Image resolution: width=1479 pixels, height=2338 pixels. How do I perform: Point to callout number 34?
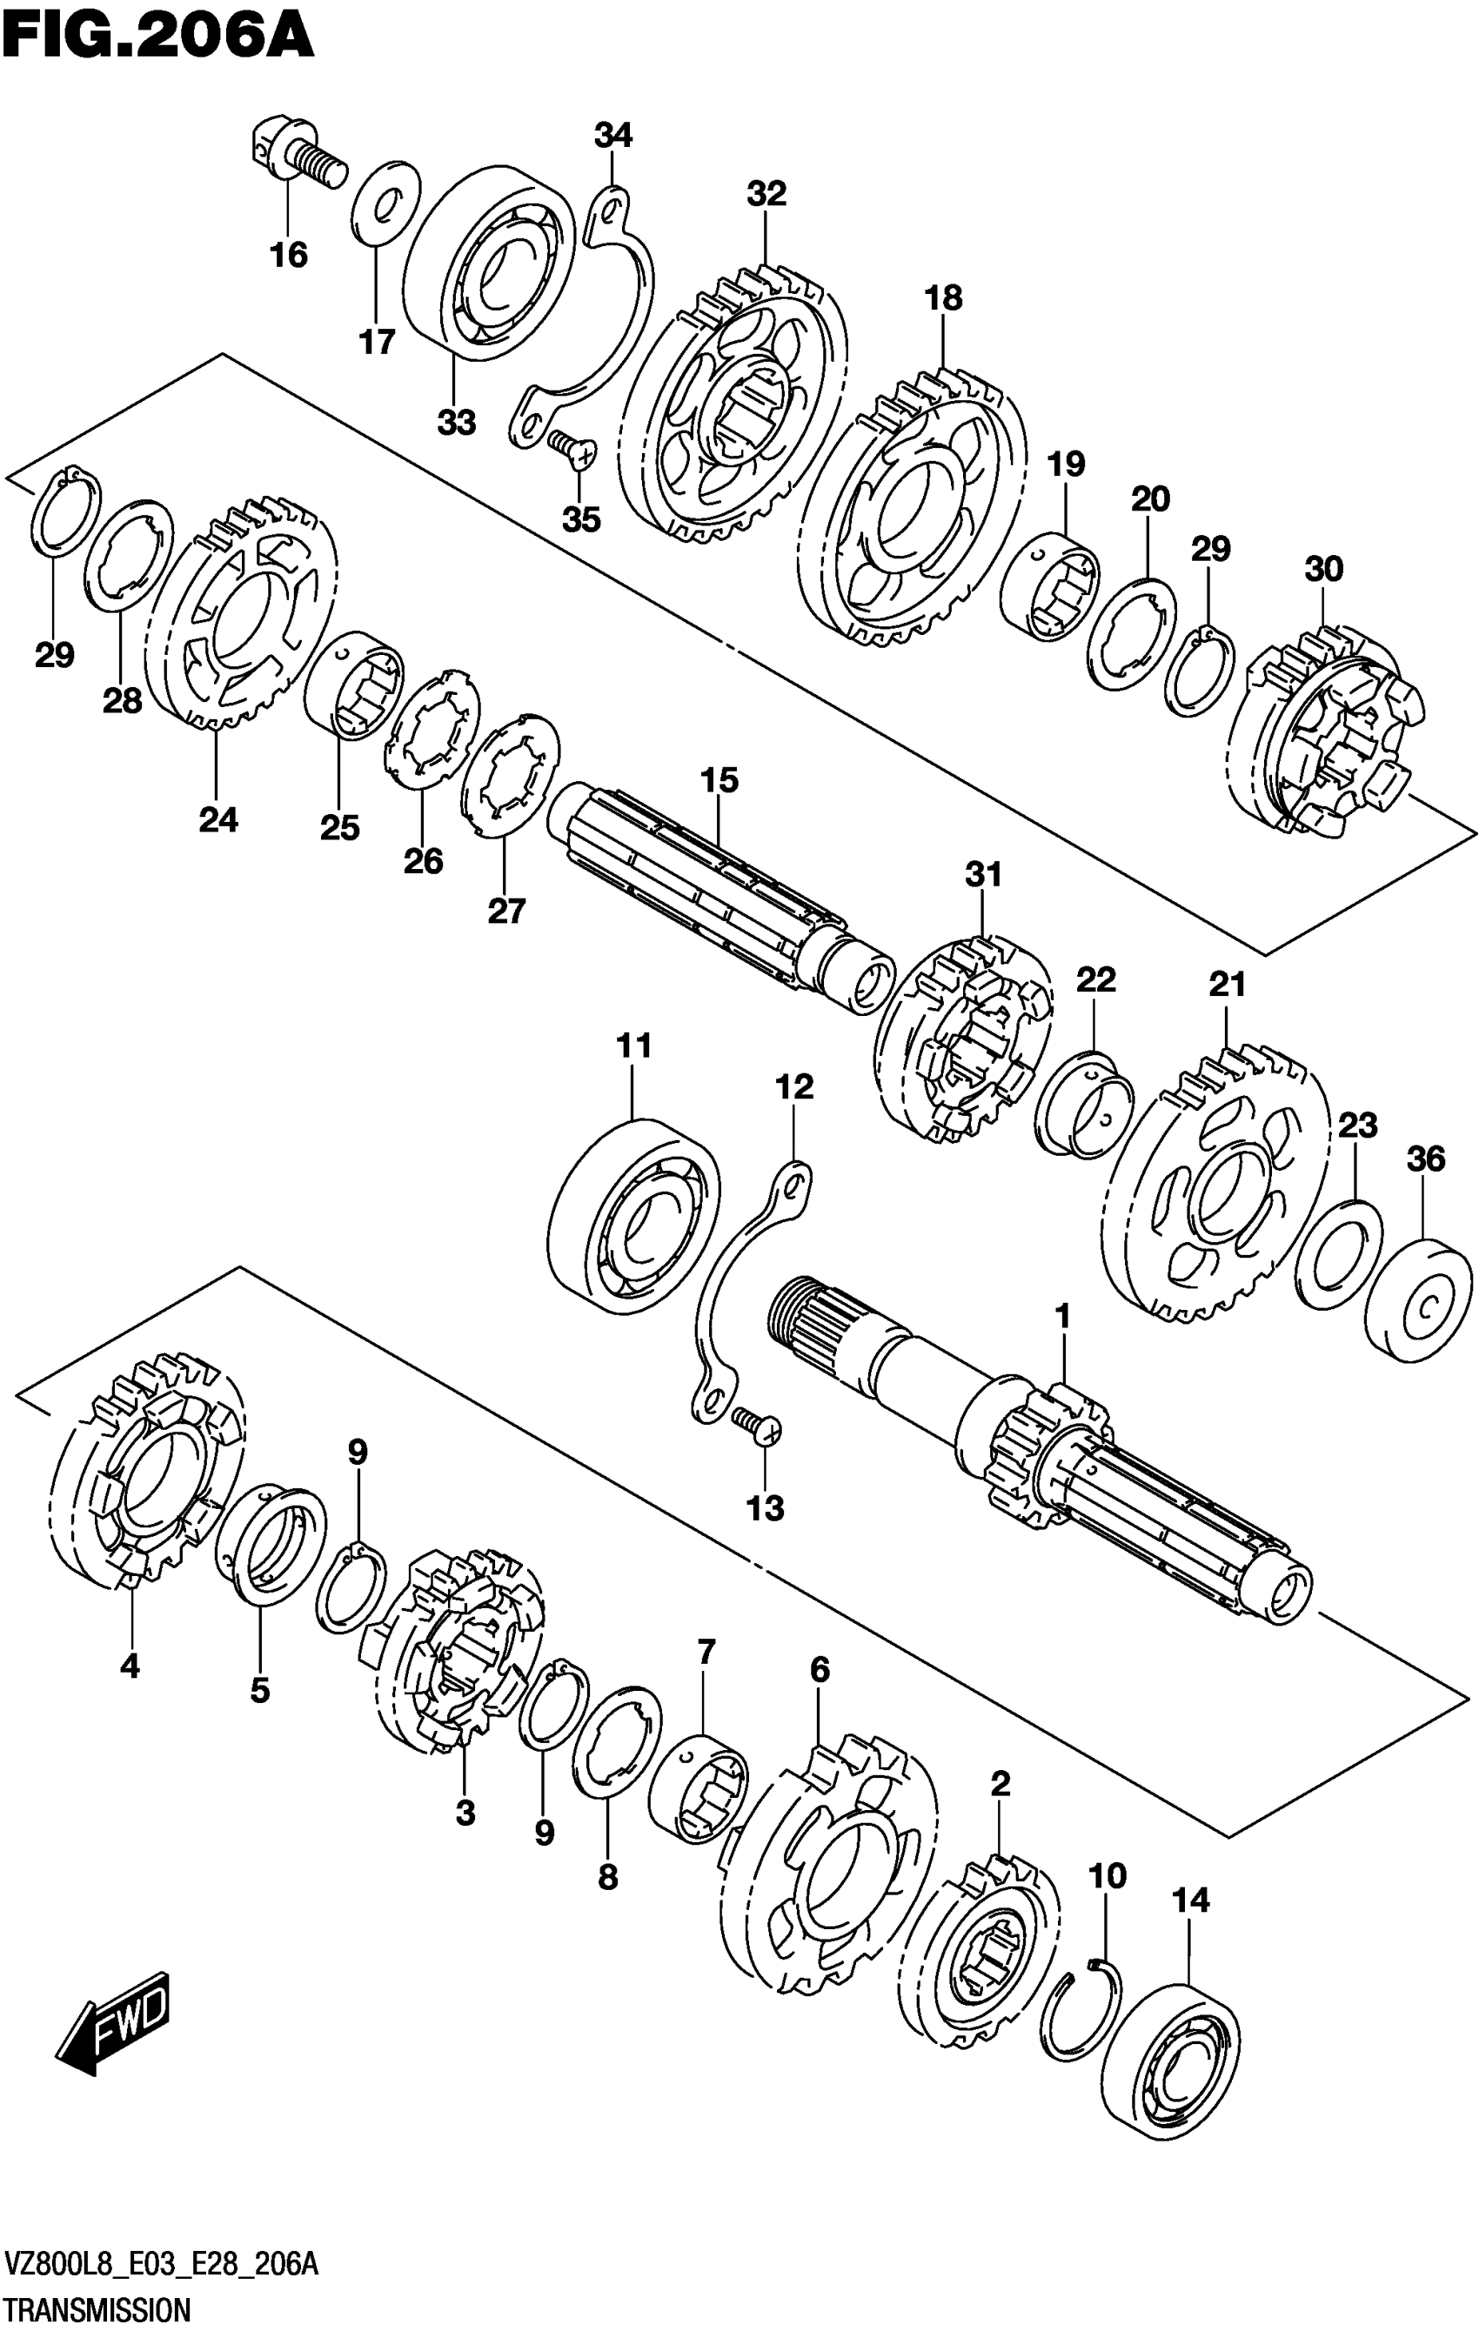[x=612, y=135]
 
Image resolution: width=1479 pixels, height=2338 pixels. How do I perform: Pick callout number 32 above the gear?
[x=766, y=193]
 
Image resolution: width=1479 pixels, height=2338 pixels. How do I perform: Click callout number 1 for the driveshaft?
[x=1062, y=1318]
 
